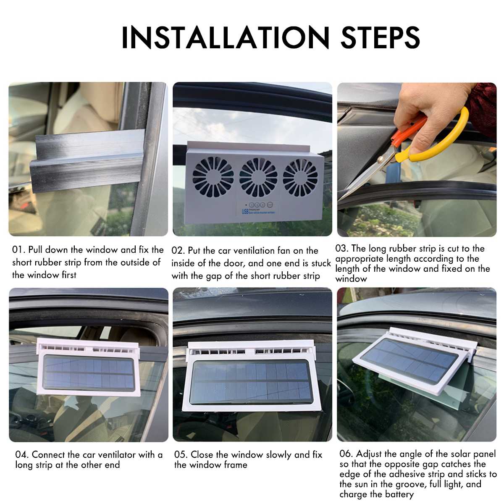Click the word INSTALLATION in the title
click(x=225, y=38)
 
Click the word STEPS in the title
click(x=380, y=38)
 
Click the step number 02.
click(x=178, y=251)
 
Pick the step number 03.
click(x=342, y=249)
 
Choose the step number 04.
click(x=22, y=455)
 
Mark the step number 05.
click(x=181, y=455)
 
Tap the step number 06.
click(x=346, y=454)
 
